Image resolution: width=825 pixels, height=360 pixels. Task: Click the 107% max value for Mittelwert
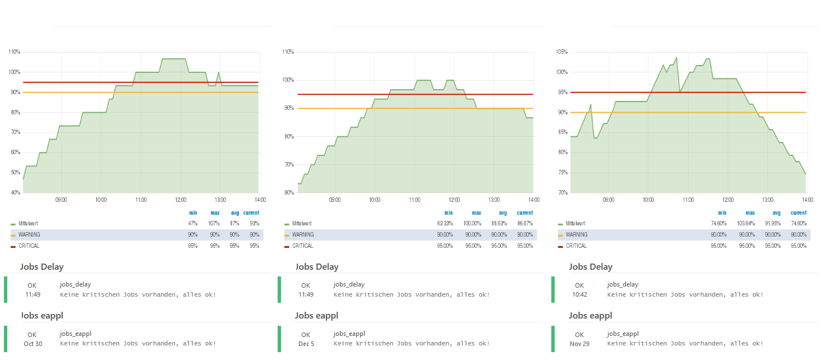click(215, 224)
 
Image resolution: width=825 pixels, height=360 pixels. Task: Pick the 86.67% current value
click(525, 224)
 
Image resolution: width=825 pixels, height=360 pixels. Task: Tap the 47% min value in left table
click(192, 224)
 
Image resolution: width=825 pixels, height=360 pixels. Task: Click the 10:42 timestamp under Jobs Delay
click(579, 294)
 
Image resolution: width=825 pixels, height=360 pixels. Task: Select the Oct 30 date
click(33, 344)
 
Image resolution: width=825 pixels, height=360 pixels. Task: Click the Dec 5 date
click(306, 344)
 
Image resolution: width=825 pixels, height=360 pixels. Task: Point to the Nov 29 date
click(579, 344)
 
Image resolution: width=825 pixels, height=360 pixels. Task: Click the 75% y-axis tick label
click(562, 173)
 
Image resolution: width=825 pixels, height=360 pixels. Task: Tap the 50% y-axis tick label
click(15, 173)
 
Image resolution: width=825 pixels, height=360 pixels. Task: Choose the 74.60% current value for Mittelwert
click(799, 224)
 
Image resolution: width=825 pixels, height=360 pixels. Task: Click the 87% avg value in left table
click(235, 224)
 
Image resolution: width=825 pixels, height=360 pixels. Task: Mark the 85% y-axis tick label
click(562, 132)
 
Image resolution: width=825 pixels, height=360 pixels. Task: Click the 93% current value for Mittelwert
click(255, 224)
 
